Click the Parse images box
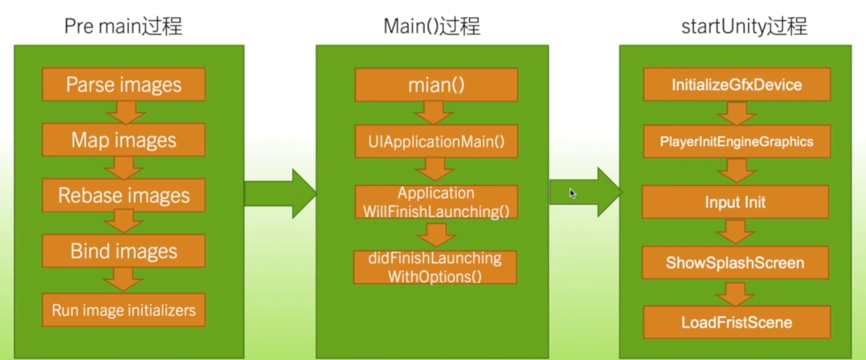point(124,84)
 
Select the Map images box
point(124,140)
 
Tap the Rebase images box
point(124,195)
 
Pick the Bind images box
point(124,251)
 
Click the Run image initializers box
point(124,310)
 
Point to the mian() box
point(436,85)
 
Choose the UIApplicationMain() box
point(436,141)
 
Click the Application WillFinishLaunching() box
point(436,202)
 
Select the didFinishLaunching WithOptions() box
point(435,267)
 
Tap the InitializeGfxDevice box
point(737,84)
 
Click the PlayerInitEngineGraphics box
point(737,141)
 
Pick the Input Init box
point(735,202)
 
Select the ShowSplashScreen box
point(735,263)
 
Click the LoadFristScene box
point(737,322)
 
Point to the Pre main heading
point(123,26)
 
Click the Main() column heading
point(432,26)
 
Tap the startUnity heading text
point(744,26)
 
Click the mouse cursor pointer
point(573,193)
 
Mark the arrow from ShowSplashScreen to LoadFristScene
point(735,294)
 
